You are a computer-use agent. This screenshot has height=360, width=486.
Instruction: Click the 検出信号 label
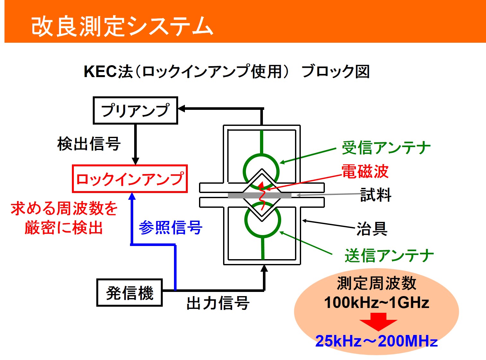(x=89, y=144)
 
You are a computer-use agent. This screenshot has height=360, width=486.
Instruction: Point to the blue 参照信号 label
(x=170, y=227)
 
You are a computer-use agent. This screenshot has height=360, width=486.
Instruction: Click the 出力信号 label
(x=218, y=303)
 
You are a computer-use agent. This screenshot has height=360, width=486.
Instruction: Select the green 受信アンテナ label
(x=386, y=147)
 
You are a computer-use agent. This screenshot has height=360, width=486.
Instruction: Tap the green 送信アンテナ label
(x=389, y=255)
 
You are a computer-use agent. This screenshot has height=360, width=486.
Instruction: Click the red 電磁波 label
(x=365, y=171)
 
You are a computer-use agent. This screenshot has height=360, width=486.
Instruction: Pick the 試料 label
(x=376, y=195)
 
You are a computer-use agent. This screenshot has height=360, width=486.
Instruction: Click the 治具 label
(x=372, y=229)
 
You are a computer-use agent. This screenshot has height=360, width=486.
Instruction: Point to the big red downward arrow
(x=378, y=322)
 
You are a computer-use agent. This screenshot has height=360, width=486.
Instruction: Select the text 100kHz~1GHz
(x=377, y=303)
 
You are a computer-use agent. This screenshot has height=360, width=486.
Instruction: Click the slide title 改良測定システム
(x=122, y=26)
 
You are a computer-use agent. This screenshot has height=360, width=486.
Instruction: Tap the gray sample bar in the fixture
(x=260, y=196)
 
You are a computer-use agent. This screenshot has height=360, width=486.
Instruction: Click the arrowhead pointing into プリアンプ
(x=181, y=109)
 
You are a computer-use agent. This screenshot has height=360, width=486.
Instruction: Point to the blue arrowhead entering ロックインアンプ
(x=132, y=196)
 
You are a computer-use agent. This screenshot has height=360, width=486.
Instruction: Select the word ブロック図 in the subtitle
(x=335, y=72)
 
